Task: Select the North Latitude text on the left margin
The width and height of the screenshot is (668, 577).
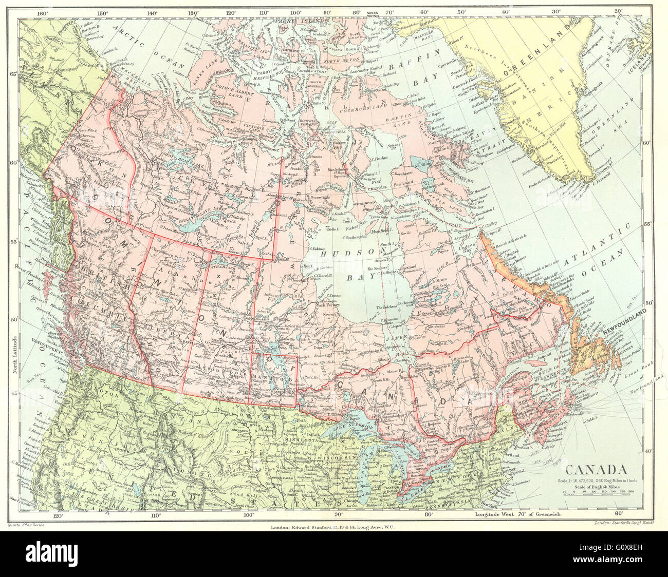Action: click(x=15, y=354)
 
